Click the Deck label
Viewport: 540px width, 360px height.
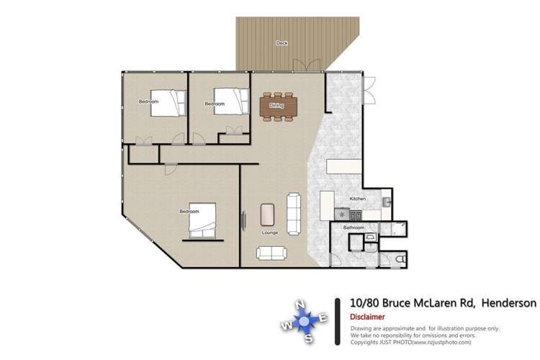[x=282, y=43]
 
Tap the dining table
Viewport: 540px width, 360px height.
[x=276, y=105]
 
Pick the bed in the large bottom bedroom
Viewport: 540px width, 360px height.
[x=202, y=221]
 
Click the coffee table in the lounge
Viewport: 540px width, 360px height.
[x=268, y=215]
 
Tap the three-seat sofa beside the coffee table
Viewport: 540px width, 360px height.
[x=294, y=212]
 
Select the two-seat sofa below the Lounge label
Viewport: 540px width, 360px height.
[x=271, y=253]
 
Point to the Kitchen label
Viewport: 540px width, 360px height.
[x=358, y=199]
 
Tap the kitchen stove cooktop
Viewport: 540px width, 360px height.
[x=354, y=215]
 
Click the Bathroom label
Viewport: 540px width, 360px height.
[x=354, y=228]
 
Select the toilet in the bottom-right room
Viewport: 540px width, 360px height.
[x=400, y=259]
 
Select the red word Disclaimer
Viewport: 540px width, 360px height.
[x=366, y=317]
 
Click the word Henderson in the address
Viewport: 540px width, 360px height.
[x=508, y=304]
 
